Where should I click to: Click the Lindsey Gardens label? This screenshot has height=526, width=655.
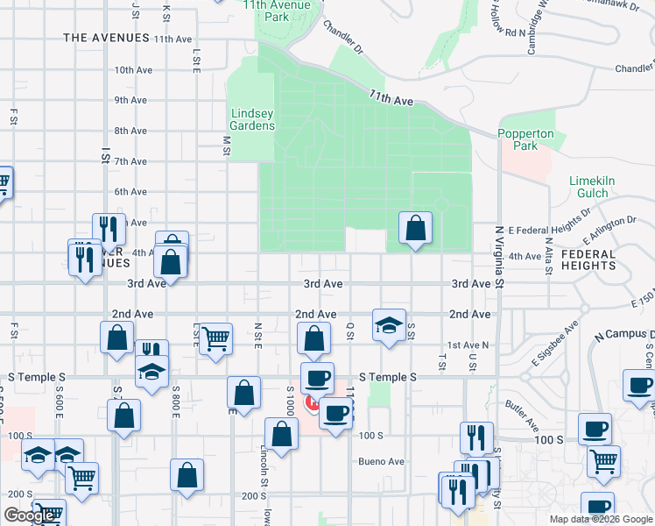253,119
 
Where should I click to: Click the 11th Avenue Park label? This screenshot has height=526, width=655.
266,11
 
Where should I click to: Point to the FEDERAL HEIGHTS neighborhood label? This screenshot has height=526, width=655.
600,259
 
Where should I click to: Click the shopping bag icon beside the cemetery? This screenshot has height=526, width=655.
415,230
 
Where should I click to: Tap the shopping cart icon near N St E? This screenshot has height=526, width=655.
215,338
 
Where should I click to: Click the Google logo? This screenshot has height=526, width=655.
30,515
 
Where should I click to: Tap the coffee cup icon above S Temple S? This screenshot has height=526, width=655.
317,377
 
